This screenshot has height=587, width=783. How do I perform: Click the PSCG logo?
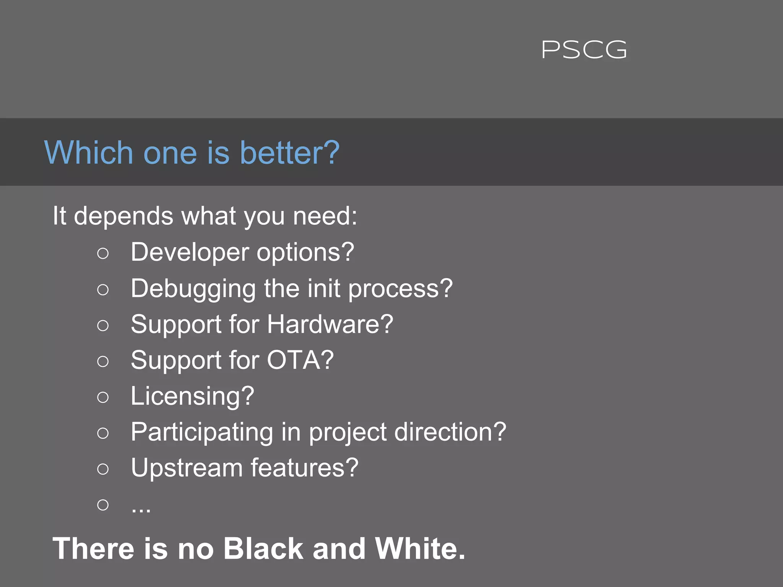tap(584, 50)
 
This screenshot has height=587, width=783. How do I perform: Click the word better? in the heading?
tap(289, 152)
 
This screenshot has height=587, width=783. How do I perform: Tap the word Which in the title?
tap(89, 152)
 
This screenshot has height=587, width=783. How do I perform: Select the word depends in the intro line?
tap(123, 216)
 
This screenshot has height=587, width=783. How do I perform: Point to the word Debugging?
tap(193, 289)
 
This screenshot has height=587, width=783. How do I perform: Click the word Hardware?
tap(330, 324)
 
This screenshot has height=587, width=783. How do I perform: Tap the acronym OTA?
tap(300, 360)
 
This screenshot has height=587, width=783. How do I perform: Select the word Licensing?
tap(192, 396)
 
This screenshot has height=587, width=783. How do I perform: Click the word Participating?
tap(202, 432)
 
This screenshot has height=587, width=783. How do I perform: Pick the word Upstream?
tap(187, 468)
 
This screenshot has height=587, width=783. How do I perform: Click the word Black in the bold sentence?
tap(263, 549)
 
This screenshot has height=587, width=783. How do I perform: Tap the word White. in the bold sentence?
tap(420, 549)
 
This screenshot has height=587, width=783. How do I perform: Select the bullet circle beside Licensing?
tap(103, 397)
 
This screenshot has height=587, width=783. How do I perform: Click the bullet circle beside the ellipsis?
tap(103, 505)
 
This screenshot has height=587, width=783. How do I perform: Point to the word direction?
tap(450, 432)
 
